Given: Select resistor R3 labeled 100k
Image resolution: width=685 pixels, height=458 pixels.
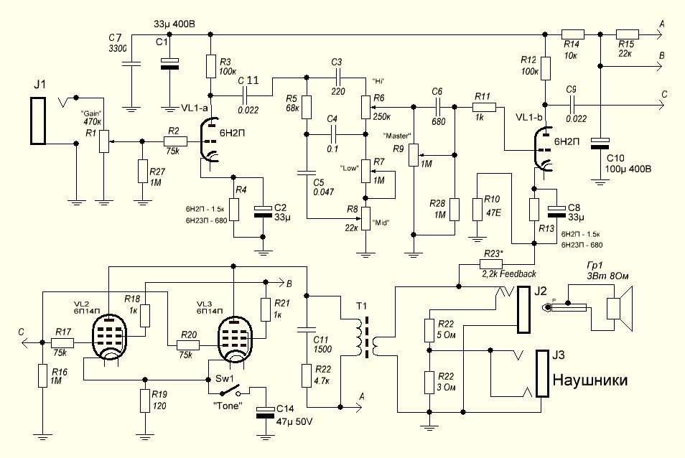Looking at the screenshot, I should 211,66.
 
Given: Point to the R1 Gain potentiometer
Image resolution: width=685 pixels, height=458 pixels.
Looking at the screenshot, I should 103,141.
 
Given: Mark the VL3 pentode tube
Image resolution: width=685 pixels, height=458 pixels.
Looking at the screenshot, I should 233,337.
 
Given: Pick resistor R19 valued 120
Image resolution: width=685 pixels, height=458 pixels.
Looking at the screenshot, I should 146,400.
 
